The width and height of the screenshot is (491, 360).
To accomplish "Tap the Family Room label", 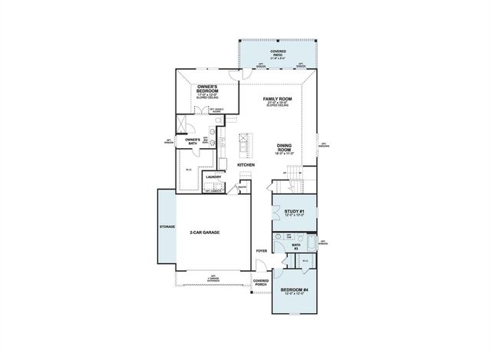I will click(x=277, y=99).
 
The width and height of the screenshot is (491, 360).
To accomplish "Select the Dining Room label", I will click(x=286, y=148).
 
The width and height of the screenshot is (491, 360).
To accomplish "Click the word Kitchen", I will click(x=245, y=187).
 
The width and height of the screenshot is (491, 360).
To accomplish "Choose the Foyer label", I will click(x=261, y=250).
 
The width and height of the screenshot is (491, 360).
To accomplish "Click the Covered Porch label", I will click(x=261, y=282).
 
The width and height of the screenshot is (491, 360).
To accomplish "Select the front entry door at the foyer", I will click(x=261, y=268).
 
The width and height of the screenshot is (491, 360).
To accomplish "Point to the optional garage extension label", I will click(x=213, y=277).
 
